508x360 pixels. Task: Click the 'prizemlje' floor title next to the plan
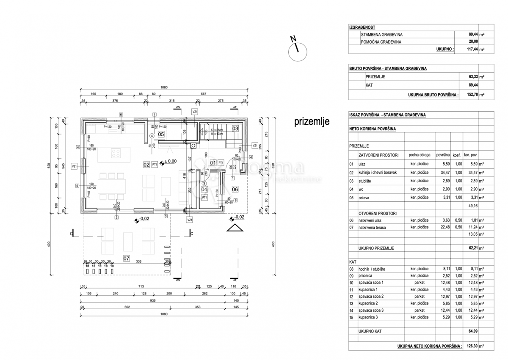312,122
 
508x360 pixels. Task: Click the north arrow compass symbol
297,51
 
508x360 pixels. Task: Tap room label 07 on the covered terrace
126,258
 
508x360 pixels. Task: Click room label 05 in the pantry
161,134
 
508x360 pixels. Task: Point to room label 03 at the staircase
235,128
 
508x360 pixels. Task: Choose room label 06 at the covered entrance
235,189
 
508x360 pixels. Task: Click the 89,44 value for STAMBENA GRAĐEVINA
472,35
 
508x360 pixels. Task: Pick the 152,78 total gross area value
472,95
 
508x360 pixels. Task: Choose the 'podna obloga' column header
419,155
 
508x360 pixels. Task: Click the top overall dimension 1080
164,88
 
